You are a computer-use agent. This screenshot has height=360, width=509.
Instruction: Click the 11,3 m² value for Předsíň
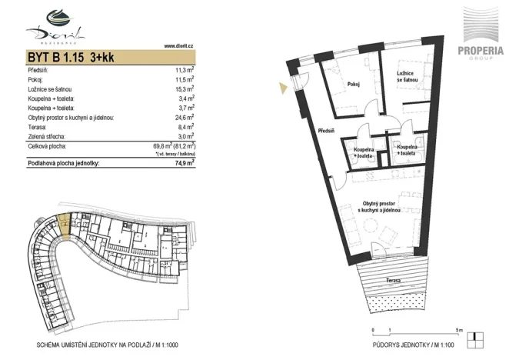coord(183,70)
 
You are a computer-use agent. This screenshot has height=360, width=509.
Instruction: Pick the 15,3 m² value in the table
coord(183,89)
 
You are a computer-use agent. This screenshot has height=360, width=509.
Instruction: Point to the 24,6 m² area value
coord(183,118)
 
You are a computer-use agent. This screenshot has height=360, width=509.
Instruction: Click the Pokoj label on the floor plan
coord(354,85)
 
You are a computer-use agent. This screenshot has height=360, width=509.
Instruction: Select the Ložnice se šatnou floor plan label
coord(407,77)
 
